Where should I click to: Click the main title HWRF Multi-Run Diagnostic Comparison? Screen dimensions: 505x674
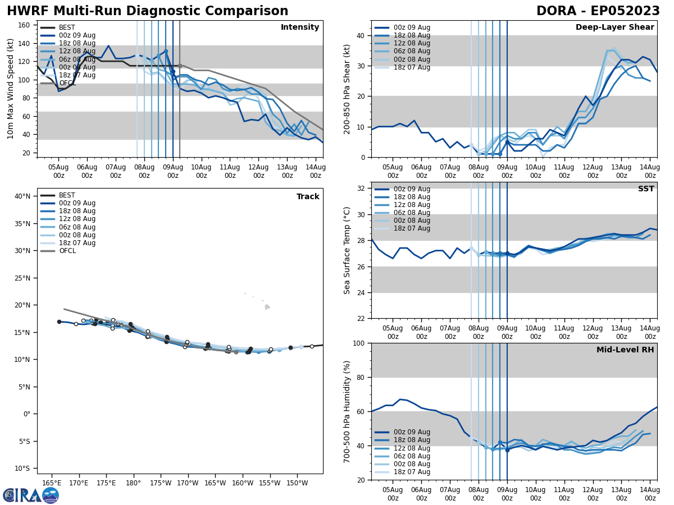pos(147,11)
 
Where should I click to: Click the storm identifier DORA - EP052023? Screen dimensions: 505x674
pos(598,11)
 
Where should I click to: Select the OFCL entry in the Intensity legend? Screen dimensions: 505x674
pos(66,83)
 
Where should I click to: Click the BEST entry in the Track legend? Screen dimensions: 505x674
pos(67,195)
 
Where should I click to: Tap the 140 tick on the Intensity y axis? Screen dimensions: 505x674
pos(25,43)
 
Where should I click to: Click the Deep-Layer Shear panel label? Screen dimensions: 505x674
pos(614,27)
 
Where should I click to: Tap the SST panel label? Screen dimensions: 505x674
pos(645,189)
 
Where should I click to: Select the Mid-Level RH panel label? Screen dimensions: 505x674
pos(625,350)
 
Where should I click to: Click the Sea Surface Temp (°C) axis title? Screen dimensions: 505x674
pos(347,250)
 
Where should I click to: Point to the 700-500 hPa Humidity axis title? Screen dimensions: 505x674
pos(347,411)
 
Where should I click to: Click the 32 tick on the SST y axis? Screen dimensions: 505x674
pos(361,188)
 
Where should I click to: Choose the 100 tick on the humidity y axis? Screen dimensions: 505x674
pos(358,343)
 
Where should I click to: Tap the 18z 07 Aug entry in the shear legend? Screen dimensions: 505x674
pos(412,67)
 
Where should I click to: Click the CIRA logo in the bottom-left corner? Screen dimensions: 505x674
pos(30,495)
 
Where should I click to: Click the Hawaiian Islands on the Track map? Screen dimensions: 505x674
pos(266,306)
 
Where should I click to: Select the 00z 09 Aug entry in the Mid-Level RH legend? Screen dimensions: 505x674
pos(412,432)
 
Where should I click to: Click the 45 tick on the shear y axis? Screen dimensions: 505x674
pos(361,20)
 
